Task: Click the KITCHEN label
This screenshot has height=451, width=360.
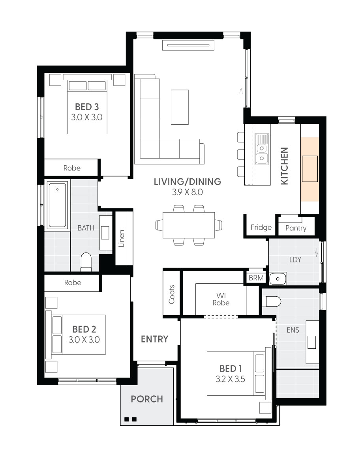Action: point(284,166)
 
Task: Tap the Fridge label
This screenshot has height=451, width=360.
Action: point(261,227)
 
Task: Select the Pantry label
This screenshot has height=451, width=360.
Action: point(296,228)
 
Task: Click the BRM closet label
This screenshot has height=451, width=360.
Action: point(256,278)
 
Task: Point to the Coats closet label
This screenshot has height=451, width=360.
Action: point(172,294)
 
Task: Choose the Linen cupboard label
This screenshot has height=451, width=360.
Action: point(122,238)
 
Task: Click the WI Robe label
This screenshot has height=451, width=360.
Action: point(220,299)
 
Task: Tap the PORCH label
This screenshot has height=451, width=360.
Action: point(147,399)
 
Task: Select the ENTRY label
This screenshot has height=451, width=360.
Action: point(155,339)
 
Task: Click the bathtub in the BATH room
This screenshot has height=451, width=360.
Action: point(57,204)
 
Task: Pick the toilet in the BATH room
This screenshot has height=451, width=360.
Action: point(86,262)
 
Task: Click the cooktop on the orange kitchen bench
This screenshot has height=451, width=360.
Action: point(310,169)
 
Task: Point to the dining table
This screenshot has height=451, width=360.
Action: point(189,225)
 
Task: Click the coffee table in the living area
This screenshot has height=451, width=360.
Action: point(180,107)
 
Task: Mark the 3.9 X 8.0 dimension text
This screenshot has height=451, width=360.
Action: point(187,193)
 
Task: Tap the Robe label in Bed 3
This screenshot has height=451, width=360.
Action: point(72,168)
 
